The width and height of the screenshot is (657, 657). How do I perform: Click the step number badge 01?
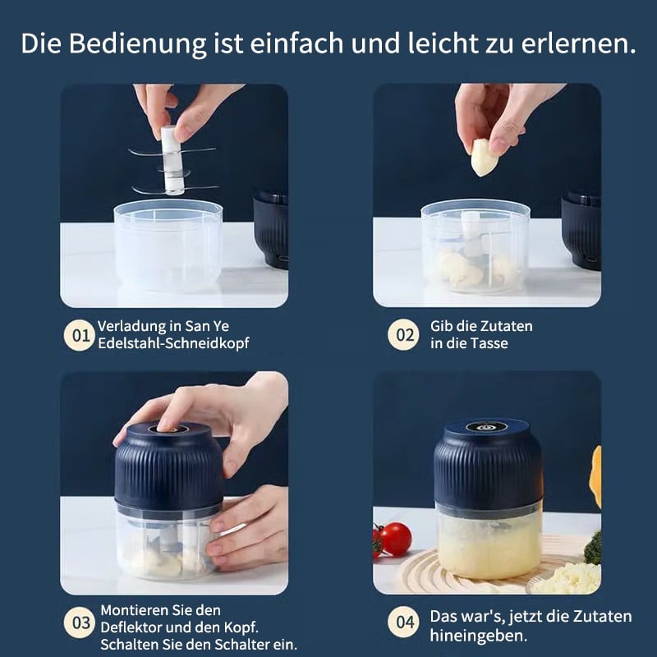(80, 335)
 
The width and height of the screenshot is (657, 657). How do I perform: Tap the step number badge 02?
(403, 335)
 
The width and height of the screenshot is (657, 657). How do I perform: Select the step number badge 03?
(80, 623)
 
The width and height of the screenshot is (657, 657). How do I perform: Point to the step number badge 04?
(403, 622)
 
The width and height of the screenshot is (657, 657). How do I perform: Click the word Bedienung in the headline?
(137, 44)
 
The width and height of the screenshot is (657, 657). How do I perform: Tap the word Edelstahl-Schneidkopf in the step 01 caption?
(173, 343)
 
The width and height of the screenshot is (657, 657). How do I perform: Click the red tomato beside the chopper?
(396, 539)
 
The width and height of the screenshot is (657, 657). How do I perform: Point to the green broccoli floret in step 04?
(593, 548)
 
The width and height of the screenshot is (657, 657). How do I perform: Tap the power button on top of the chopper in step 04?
(486, 427)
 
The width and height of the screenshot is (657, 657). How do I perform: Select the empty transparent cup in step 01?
(168, 245)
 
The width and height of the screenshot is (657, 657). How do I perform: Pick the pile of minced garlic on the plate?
(566, 579)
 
